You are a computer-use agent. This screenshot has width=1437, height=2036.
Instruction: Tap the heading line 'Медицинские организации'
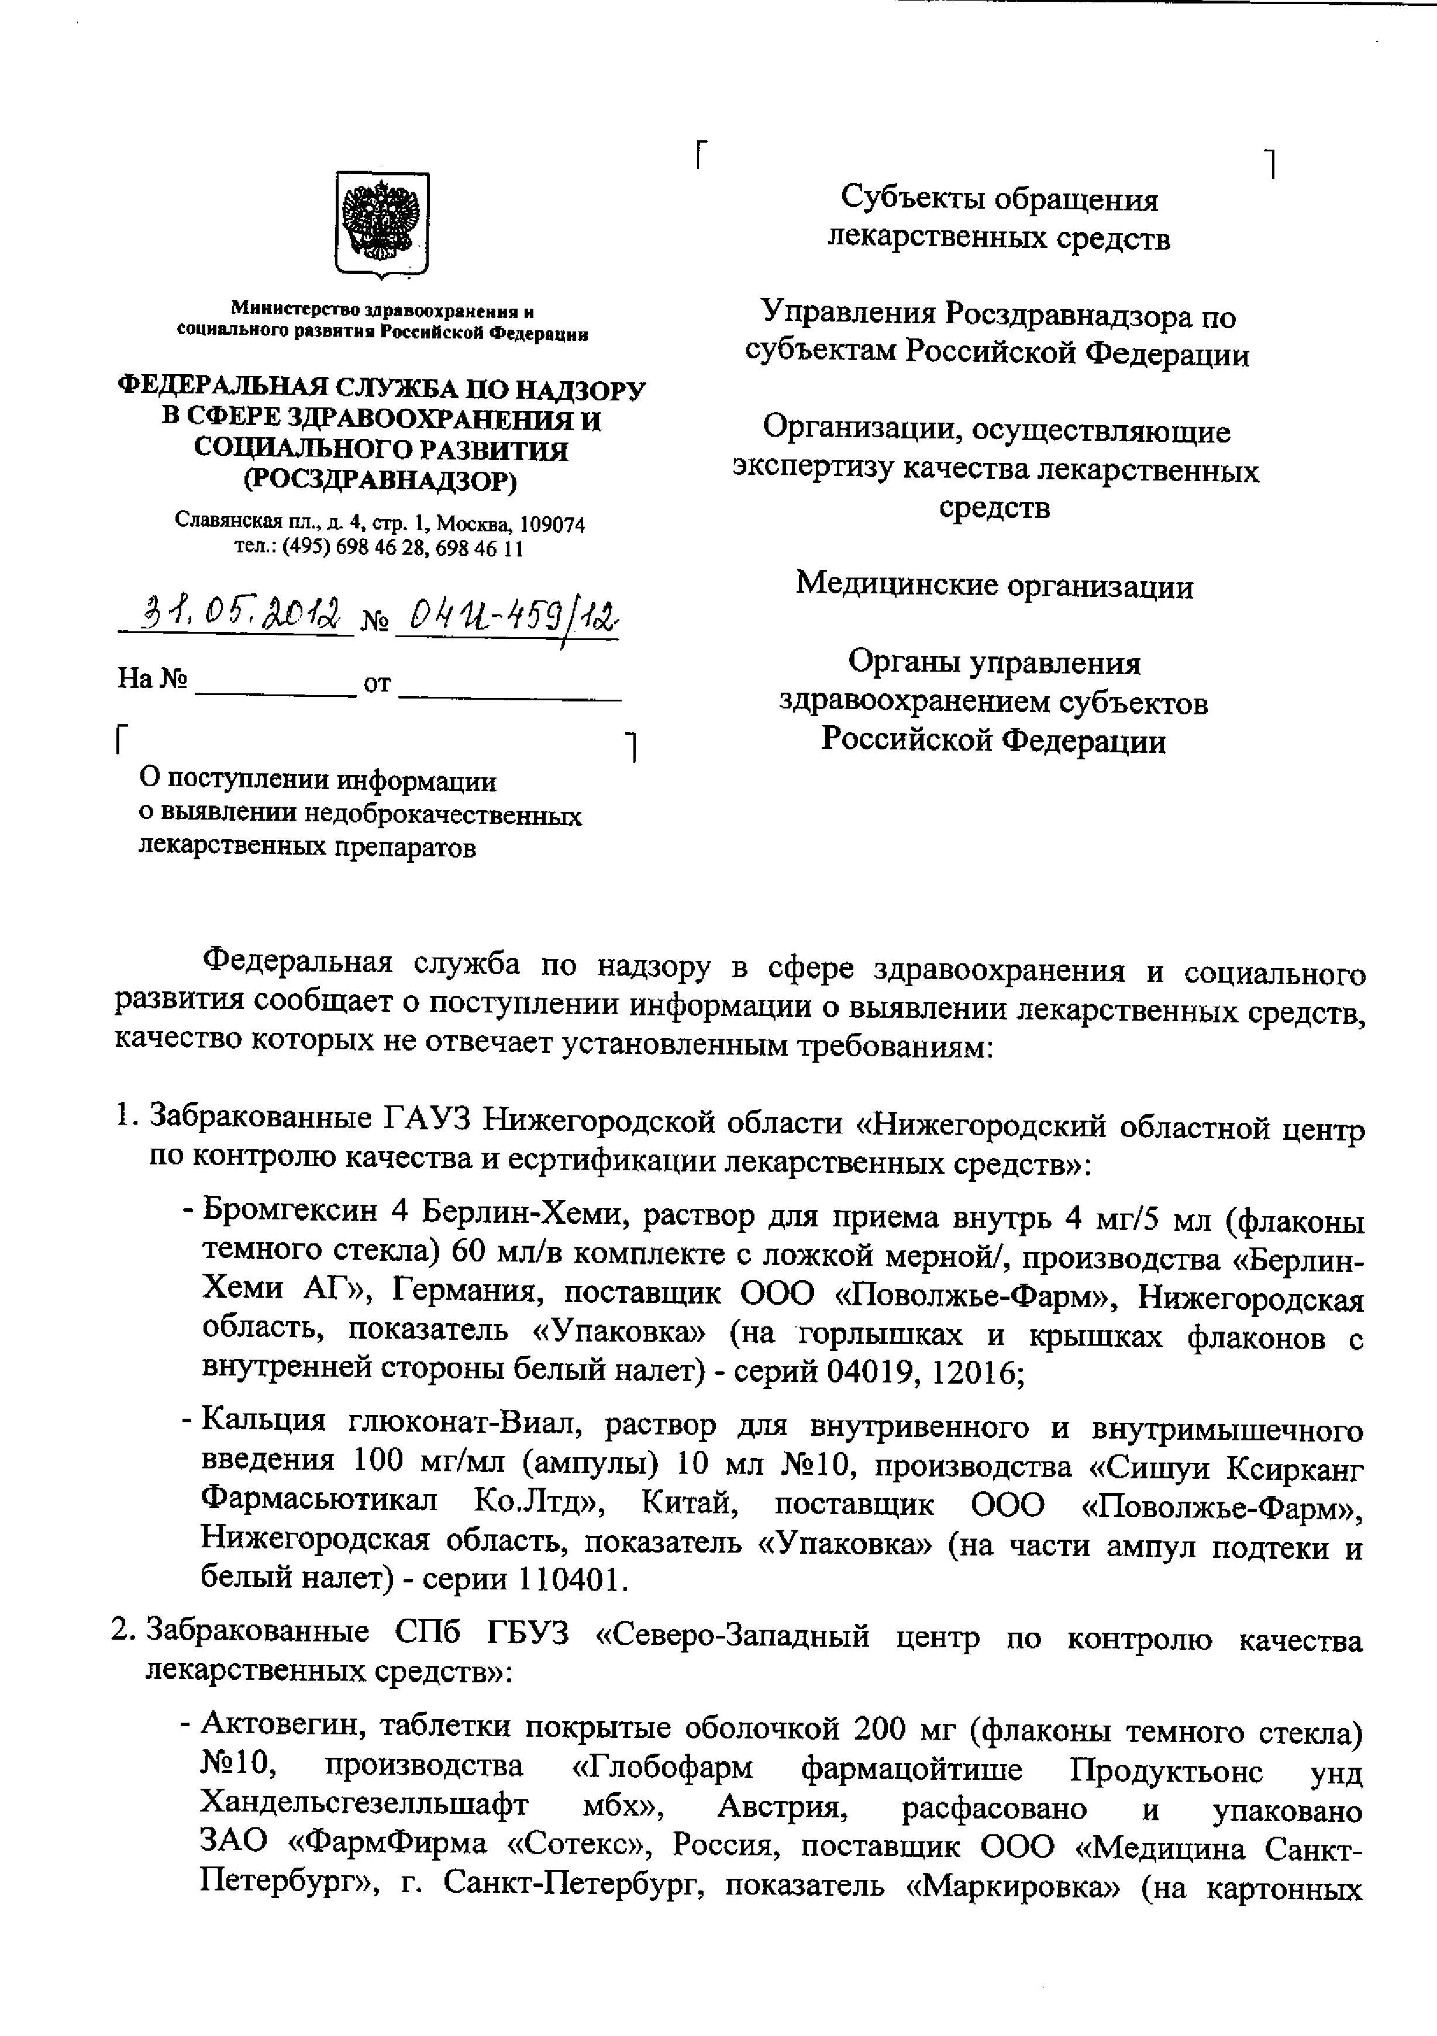[x=994, y=585]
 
